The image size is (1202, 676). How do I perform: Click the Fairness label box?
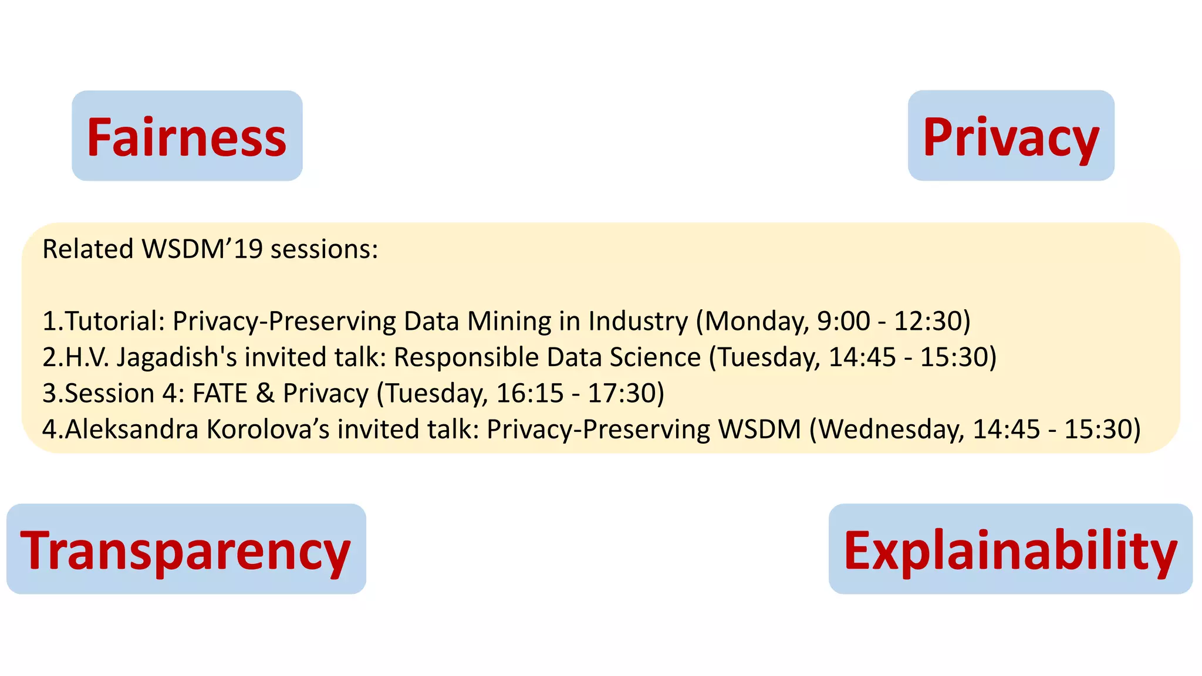tap(187, 136)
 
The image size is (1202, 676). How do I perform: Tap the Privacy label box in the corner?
tap(1011, 136)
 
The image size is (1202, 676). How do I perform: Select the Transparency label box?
tap(186, 549)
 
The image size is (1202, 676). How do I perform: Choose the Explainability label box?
tap(1010, 549)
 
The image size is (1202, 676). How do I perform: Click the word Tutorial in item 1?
tap(114, 322)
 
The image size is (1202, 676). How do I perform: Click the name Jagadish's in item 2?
tap(177, 357)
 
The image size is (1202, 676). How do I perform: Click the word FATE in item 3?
tap(220, 393)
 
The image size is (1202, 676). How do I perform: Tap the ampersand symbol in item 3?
tap(265, 393)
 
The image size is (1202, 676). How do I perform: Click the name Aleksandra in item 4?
tap(131, 430)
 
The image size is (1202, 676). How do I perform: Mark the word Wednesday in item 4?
tap(892, 430)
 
